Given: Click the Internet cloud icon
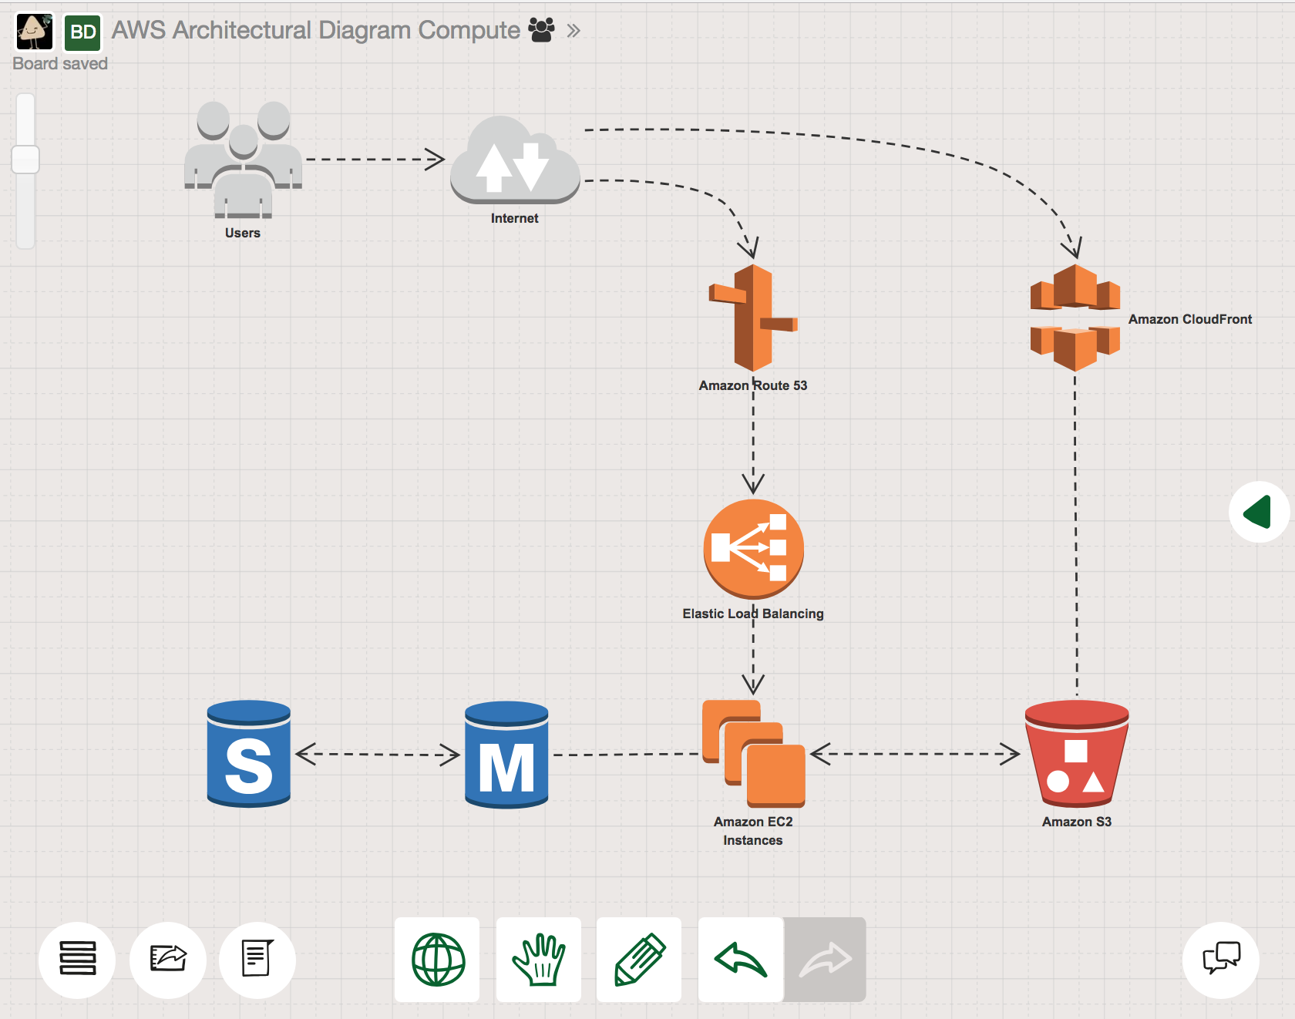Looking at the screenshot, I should (x=515, y=160).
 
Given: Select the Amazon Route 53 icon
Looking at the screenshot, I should (x=753, y=318).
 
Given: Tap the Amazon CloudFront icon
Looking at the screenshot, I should (x=1075, y=318).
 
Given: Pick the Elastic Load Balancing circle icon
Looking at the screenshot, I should (x=753, y=548).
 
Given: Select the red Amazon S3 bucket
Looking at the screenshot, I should (x=1077, y=753).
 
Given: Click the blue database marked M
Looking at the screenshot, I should (x=506, y=754).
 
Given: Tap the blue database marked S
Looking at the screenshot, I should (x=249, y=754).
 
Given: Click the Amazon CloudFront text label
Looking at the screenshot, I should (x=1189, y=319).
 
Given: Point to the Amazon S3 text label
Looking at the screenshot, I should (x=1077, y=822).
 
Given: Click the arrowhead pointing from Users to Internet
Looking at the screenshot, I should (x=436, y=160).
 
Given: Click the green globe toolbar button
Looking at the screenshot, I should (x=438, y=960).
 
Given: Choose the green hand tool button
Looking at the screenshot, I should (x=539, y=960).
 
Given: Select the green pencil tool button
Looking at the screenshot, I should (x=639, y=960).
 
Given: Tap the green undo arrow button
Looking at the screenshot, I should (x=741, y=960).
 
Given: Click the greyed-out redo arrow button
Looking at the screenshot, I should (x=825, y=960).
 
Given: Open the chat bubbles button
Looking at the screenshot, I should (x=1221, y=960).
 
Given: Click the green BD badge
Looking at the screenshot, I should (x=82, y=32).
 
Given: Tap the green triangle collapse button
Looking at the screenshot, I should (x=1258, y=512).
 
